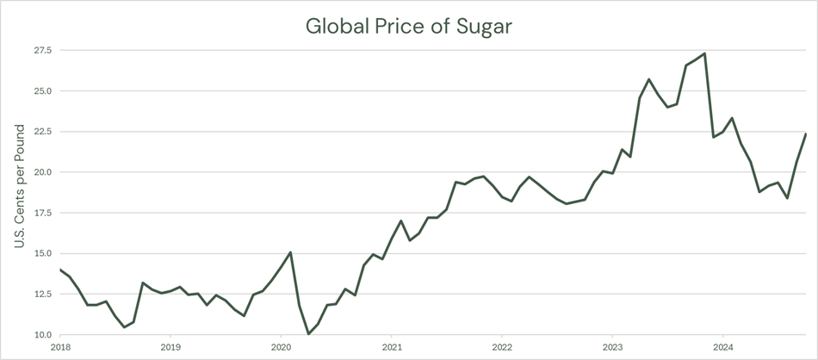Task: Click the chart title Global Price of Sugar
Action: [409, 26]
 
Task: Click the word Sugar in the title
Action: [482, 27]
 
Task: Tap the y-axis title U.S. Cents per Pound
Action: [19, 187]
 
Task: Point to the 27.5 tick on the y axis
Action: [42, 50]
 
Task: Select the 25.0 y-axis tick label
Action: [42, 90]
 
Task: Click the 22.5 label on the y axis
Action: [42, 132]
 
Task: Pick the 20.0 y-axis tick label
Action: [42, 172]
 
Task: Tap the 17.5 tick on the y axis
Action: [42, 213]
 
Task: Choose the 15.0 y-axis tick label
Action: [42, 253]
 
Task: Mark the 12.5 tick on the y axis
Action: [42, 295]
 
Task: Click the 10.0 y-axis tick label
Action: [42, 335]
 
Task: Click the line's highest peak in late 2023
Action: [704, 53]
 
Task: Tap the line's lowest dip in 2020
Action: [308, 334]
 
